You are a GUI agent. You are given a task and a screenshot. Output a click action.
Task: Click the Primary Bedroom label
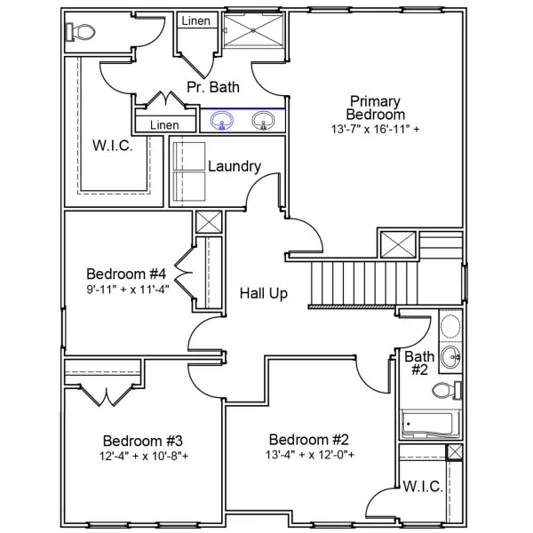coord(376,107)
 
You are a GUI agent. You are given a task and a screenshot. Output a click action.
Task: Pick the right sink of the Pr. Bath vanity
coord(262,119)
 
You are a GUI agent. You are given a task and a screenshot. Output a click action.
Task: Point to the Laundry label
coord(234,166)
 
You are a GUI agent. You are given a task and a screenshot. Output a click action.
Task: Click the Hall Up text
coord(264,293)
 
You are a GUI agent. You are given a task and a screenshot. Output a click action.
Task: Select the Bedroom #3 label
coord(142,441)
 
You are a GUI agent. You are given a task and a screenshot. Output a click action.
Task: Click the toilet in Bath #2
coord(456,388)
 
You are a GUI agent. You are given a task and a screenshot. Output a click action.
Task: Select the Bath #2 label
coord(419,362)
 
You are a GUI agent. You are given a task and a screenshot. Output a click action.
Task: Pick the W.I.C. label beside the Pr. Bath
coord(113,146)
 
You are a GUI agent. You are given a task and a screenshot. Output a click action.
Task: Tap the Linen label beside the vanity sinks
coord(164,125)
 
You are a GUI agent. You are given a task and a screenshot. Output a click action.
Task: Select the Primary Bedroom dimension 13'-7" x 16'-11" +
coord(376,129)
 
